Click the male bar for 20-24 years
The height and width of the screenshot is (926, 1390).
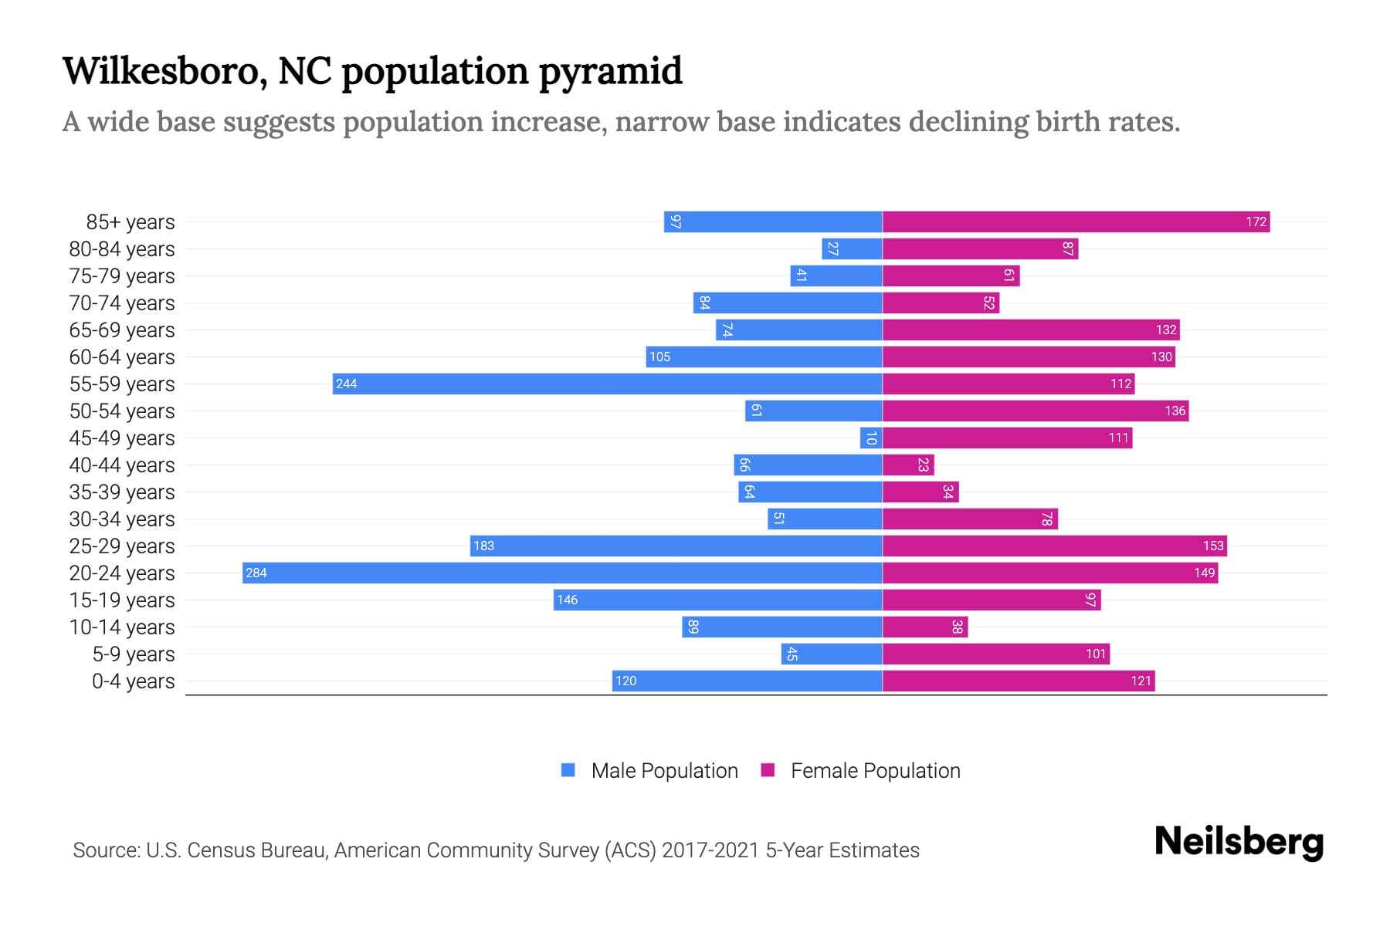click(562, 573)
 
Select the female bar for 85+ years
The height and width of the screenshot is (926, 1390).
click(1076, 222)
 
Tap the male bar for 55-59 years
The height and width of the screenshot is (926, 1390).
click(607, 384)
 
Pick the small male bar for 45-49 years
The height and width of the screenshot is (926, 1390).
click(871, 438)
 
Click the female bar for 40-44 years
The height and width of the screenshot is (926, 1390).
click(908, 465)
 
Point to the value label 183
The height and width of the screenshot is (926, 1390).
click(483, 546)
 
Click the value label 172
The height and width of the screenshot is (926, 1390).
click(1256, 222)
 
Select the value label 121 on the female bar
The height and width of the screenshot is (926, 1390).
click(1141, 681)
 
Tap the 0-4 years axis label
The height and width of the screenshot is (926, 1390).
click(133, 681)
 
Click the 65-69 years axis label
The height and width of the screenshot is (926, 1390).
click(122, 330)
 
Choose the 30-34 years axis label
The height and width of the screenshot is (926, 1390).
click(122, 519)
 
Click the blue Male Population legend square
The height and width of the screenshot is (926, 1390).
click(568, 770)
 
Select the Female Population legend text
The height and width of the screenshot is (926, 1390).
click(875, 771)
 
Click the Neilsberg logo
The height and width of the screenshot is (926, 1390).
click(1239, 841)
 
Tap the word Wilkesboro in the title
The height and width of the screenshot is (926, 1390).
click(164, 71)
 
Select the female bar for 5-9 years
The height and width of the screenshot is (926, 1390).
click(996, 654)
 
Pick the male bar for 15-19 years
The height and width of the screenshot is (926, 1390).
click(717, 600)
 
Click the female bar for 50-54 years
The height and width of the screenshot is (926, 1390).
click(1035, 411)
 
